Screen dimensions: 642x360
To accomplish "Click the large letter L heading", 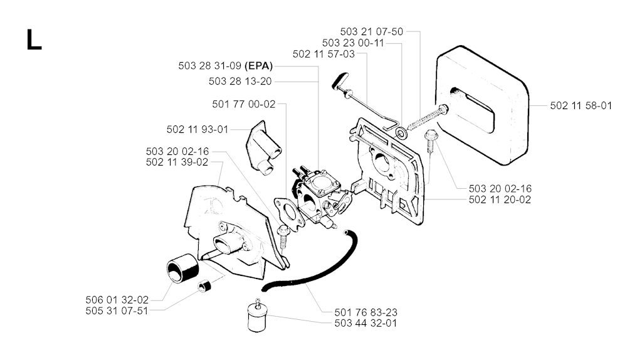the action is coord(34,40).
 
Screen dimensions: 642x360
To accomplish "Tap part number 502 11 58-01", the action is coord(581,105).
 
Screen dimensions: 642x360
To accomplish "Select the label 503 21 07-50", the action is coord(371,31).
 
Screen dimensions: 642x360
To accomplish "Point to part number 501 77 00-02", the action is coord(244,105).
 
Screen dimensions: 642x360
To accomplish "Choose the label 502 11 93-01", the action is coord(197,129).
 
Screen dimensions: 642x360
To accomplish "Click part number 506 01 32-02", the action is coord(117,300).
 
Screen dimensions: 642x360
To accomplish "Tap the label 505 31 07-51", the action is coord(117,311).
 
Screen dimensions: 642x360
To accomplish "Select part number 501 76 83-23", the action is coord(366,312).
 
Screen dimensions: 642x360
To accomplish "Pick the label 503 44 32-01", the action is coord(366,323).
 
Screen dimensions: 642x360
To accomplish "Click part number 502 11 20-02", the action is coord(500,199).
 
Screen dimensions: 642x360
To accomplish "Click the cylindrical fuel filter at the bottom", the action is coord(257,315).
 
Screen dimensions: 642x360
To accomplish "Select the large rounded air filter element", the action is coord(481,105).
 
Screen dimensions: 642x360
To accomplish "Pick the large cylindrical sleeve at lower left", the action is coord(182,268).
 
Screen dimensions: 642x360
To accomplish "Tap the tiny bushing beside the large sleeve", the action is coord(204,286).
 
